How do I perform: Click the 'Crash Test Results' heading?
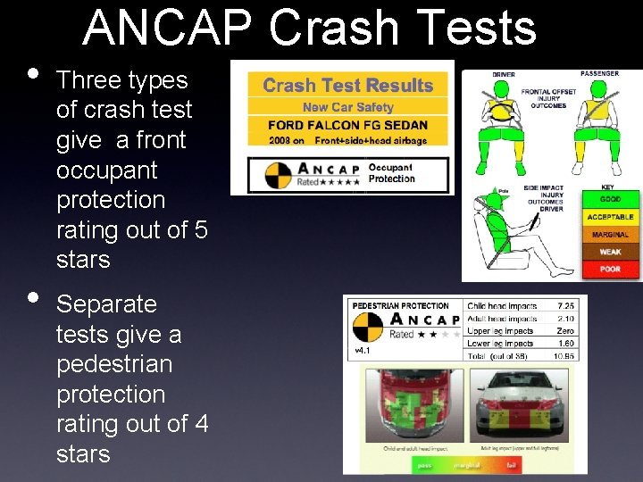click(x=347, y=86)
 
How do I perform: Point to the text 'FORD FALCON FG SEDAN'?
click(x=347, y=125)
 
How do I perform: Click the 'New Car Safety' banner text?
click(x=347, y=107)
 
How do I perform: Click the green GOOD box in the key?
click(x=610, y=199)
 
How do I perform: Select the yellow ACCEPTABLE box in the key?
click(x=610, y=217)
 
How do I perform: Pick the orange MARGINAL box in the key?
click(x=610, y=235)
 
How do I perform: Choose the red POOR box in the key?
click(x=610, y=269)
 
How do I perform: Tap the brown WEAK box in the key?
click(x=610, y=252)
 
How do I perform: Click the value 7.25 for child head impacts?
click(x=565, y=306)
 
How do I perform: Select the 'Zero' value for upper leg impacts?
click(x=565, y=330)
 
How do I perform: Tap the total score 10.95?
click(x=564, y=355)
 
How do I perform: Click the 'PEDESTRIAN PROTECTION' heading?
click(x=400, y=306)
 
